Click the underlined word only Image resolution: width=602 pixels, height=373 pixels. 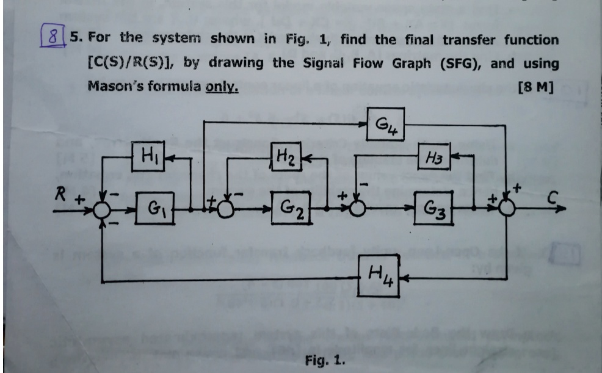pos(222,86)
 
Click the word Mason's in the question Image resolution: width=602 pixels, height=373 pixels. pos(114,86)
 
